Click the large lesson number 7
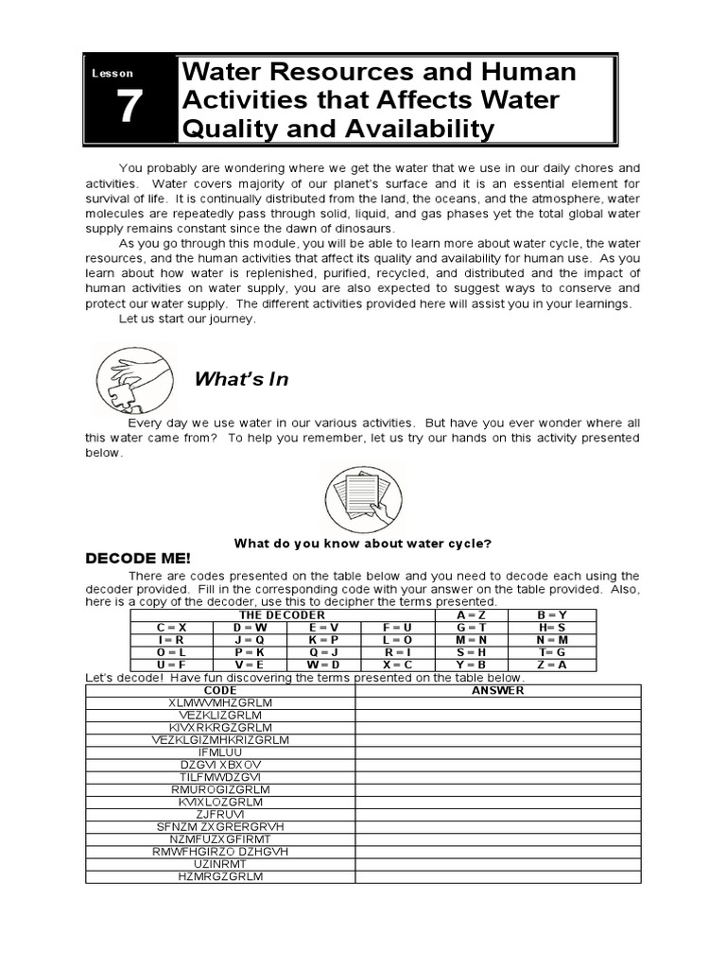click(x=129, y=109)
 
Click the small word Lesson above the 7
click(x=113, y=73)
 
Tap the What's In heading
click(x=241, y=379)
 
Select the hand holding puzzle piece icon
click(x=133, y=377)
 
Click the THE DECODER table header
click(x=282, y=614)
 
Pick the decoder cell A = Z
click(x=470, y=614)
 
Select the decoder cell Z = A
click(x=552, y=664)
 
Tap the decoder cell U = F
click(x=171, y=664)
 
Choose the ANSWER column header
click(x=497, y=690)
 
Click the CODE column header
click(x=220, y=690)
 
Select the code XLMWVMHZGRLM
click(x=220, y=703)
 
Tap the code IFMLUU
click(x=220, y=752)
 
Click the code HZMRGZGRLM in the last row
click(x=220, y=876)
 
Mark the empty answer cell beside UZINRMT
click(x=497, y=863)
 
